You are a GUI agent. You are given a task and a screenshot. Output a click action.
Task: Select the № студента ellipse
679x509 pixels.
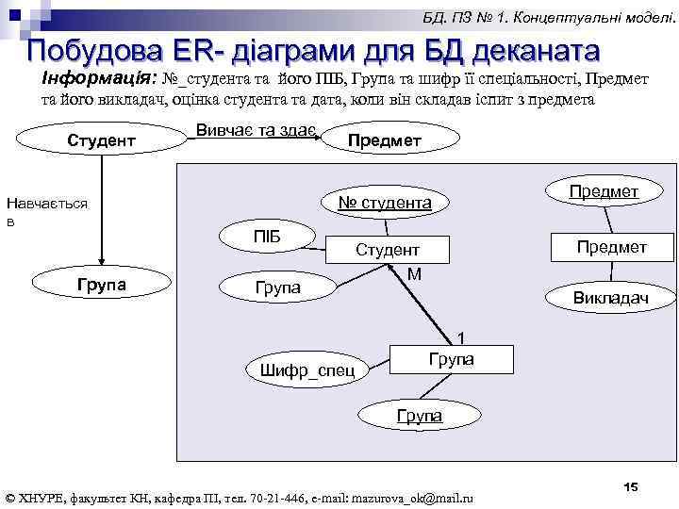click(385, 203)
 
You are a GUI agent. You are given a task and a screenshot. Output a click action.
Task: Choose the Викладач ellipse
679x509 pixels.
click(610, 298)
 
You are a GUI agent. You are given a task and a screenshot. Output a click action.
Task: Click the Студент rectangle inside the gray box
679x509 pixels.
click(387, 250)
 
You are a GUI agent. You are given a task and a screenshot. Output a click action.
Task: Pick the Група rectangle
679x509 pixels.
click(452, 360)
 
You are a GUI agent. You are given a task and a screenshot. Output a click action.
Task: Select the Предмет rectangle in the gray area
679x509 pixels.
click(610, 247)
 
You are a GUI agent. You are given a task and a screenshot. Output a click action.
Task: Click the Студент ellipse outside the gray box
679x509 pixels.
click(101, 140)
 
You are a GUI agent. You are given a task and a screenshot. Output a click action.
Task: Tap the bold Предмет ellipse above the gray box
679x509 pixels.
click(384, 140)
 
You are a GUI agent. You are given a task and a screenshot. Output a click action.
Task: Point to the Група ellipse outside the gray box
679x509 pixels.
click(101, 282)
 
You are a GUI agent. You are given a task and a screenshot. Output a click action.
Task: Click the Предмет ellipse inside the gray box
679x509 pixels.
click(604, 191)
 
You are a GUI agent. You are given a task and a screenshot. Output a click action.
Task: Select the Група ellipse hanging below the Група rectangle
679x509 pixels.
click(419, 415)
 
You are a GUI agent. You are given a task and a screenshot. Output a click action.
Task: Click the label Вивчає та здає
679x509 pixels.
click(255, 130)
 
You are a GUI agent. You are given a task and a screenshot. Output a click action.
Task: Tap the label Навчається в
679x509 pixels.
click(46, 211)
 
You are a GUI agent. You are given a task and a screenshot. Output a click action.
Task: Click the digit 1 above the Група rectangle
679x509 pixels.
click(461, 337)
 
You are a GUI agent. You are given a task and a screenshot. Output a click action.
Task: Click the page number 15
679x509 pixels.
click(630, 486)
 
